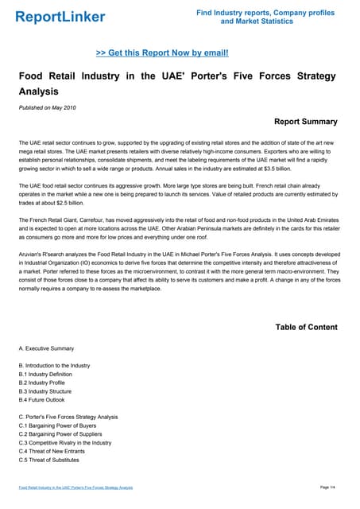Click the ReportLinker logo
tap(60, 16)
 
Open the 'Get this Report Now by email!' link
tap(162, 52)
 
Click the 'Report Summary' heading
tap(305, 122)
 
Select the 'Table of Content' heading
tap(306, 327)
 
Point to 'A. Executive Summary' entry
tap(46, 348)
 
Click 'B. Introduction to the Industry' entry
tap(54, 365)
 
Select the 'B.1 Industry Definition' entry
tap(46, 374)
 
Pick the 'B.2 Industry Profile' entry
tap(43, 383)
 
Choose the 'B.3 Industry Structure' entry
tap(45, 391)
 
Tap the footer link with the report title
tap(75, 487)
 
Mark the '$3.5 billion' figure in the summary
tap(316, 168)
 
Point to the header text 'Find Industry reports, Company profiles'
tap(265, 13)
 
